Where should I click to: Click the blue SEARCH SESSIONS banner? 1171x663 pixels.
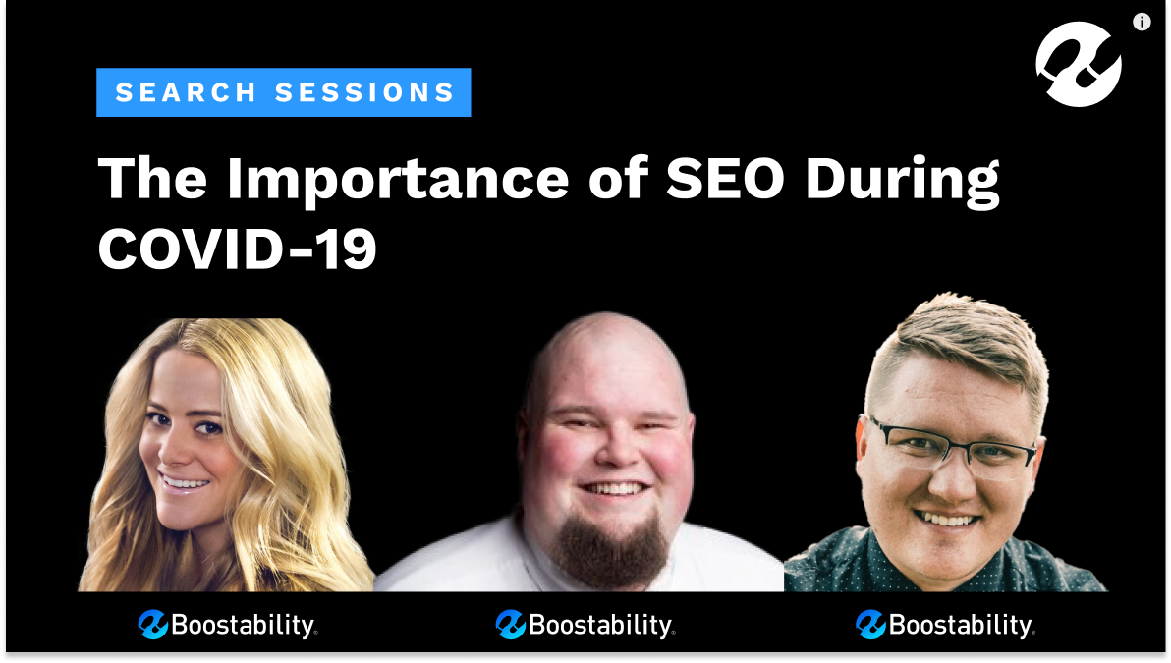pos(284,92)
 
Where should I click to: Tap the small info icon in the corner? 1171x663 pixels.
pos(1142,22)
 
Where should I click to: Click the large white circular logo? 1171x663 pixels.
pos(1079,64)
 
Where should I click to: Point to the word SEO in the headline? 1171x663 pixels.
pos(724,178)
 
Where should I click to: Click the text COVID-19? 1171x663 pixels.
pos(238,249)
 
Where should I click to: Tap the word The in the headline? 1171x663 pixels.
pos(152,178)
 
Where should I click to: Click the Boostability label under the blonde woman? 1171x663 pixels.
pos(228,624)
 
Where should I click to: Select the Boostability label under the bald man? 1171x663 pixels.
pos(585,624)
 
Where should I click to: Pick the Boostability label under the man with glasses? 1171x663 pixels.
pos(945,624)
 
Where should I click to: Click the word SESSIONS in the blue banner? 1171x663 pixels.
pos(365,92)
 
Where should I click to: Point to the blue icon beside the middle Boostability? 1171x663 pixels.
pos(511,624)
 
